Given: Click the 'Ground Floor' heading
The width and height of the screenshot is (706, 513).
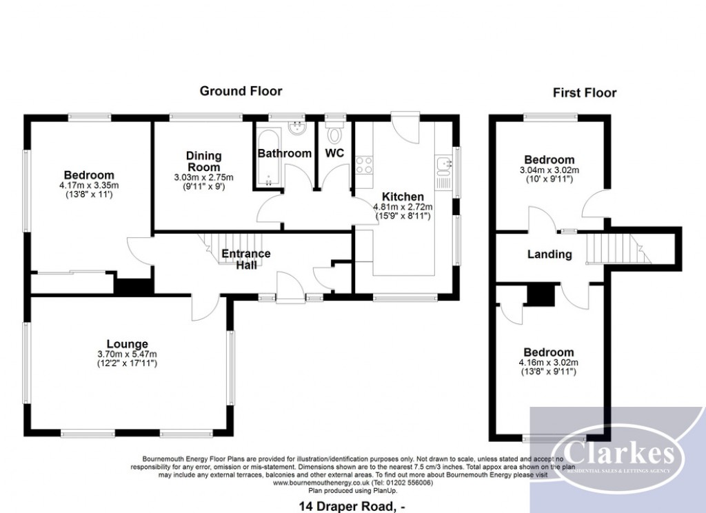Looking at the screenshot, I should (241, 91).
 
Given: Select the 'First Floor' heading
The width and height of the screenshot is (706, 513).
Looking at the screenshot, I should (585, 92).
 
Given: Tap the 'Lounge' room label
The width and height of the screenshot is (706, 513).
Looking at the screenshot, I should (127, 343).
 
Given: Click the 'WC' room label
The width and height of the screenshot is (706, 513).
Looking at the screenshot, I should (334, 152).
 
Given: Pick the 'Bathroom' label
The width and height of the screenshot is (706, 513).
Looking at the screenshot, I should (284, 152).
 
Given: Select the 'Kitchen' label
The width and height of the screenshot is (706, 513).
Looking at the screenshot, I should (400, 197).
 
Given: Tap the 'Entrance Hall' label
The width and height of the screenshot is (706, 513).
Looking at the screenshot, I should (245, 259).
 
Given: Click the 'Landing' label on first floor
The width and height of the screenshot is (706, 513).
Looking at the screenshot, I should (549, 254).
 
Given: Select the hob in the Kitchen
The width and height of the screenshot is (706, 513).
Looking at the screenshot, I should (363, 165).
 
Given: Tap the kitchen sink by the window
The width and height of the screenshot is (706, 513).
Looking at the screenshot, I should (441, 165).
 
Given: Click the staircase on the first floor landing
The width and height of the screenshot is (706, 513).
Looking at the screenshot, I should (618, 248).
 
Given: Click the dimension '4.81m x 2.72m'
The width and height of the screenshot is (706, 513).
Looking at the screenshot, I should (403, 207).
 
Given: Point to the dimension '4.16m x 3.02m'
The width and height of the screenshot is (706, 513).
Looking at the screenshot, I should (549, 363).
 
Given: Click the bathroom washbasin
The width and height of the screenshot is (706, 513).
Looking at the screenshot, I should (299, 128).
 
